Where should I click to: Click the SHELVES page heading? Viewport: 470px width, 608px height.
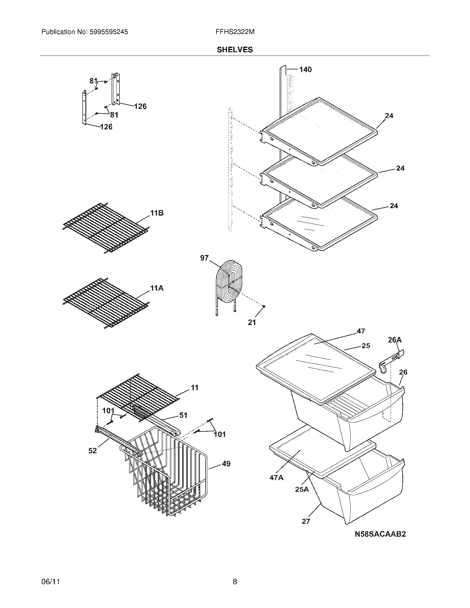tap(235, 50)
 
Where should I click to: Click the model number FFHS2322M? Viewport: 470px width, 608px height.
tap(235, 32)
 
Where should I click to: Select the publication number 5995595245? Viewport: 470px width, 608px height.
tap(108, 32)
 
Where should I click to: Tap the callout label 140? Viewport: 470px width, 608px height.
tap(305, 70)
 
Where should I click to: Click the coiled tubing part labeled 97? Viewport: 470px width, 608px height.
tap(229, 282)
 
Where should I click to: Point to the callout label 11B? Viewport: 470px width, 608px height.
tap(157, 213)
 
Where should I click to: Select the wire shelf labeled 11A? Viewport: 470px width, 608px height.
tap(106, 303)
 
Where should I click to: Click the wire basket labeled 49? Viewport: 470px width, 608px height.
tap(167, 473)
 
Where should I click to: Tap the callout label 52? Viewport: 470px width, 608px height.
tap(92, 450)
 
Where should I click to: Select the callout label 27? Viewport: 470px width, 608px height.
tap(306, 521)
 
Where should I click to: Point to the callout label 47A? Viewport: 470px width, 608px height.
tap(276, 478)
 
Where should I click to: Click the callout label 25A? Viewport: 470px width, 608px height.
tap(302, 489)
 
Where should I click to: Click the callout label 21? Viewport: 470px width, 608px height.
tap(252, 322)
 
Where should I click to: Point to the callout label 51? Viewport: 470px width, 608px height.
tap(183, 415)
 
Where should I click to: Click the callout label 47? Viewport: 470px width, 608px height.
tap(361, 331)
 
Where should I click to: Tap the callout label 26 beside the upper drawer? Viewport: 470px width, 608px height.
tap(403, 372)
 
